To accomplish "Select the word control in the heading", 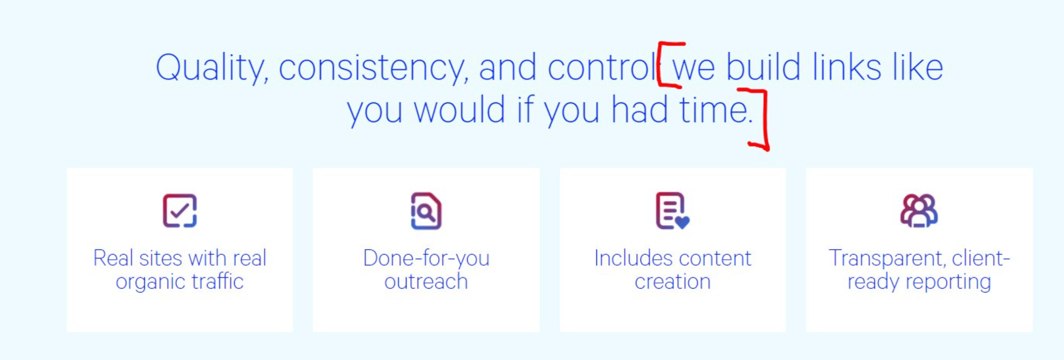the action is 602,67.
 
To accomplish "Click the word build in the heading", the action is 763,67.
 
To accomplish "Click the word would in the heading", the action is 459,109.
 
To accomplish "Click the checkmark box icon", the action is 180,211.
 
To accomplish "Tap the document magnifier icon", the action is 426,211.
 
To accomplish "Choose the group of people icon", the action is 919,211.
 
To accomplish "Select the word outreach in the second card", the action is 426,281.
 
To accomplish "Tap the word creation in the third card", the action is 673,281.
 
